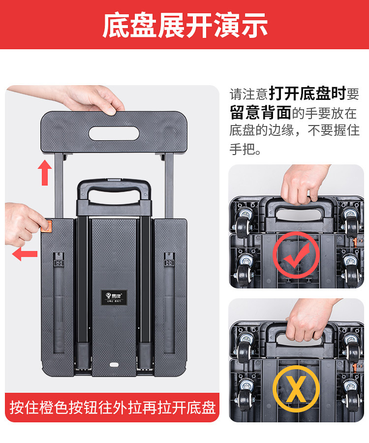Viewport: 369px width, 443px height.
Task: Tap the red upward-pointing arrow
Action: click(x=45, y=173)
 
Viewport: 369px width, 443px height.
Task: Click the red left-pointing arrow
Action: click(x=25, y=254)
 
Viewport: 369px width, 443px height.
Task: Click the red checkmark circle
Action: click(x=296, y=255)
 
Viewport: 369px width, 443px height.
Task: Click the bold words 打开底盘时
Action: click(x=307, y=94)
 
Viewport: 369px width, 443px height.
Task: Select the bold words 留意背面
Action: click(x=260, y=112)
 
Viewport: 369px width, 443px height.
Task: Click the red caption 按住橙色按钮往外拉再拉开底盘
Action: click(x=112, y=408)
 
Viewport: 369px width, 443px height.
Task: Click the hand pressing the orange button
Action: click(x=25, y=224)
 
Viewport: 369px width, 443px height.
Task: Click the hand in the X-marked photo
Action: click(x=310, y=320)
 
